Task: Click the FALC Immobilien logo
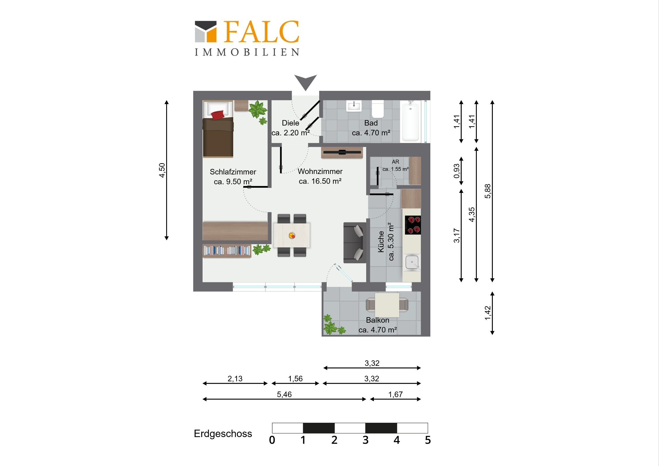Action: pyautogui.click(x=247, y=38)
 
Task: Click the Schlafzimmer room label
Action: pyautogui.click(x=233, y=177)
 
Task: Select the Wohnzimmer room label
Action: pyautogui.click(x=320, y=176)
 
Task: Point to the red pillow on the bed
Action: pyautogui.click(x=217, y=115)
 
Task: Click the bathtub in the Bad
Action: pyautogui.click(x=411, y=121)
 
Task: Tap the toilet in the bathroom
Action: pyautogui.click(x=378, y=109)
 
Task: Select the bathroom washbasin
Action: pyautogui.click(x=354, y=106)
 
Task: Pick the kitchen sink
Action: pyautogui.click(x=412, y=263)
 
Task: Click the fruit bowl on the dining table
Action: pyautogui.click(x=292, y=236)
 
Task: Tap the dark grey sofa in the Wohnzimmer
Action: pyautogui.click(x=355, y=243)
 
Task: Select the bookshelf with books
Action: pyautogui.click(x=227, y=251)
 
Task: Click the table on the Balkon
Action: pyautogui.click(x=387, y=305)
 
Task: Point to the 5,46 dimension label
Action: pyautogui.click(x=284, y=395)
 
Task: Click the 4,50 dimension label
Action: pyautogui.click(x=162, y=170)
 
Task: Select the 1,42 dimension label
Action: pyautogui.click(x=488, y=313)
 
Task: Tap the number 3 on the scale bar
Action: pyautogui.click(x=365, y=440)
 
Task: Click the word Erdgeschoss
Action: pyautogui.click(x=223, y=434)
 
